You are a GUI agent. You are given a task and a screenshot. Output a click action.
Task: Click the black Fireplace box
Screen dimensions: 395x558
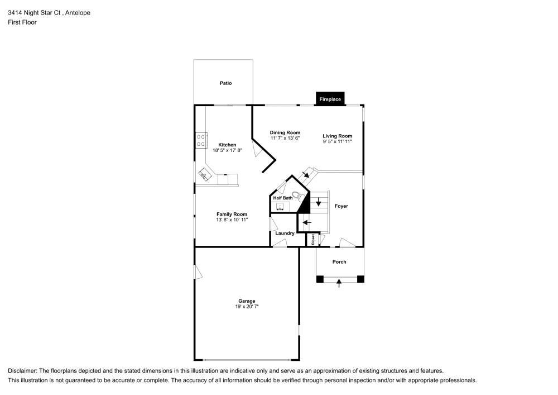coord(330,99)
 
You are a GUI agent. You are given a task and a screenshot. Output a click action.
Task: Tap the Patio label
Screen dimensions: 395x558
coord(225,83)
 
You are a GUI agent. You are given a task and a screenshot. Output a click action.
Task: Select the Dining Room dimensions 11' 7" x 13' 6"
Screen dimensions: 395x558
coord(285,138)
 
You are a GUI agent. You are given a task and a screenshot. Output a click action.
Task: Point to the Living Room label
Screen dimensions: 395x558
coord(337,136)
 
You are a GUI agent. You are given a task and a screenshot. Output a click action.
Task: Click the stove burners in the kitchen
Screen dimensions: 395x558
coord(201,140)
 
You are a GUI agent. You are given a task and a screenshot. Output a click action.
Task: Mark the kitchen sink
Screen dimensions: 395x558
coord(204,177)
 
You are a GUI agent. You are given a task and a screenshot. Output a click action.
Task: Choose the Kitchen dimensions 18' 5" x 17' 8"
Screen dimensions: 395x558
coord(227,150)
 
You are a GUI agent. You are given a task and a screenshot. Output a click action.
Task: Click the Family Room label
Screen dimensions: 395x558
coord(232,214)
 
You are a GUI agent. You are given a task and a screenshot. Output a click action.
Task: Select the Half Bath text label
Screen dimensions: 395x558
coord(282,198)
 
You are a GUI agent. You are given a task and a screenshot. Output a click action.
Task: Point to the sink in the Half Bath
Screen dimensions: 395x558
coord(280,207)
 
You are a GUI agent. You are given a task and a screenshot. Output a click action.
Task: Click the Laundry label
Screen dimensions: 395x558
coord(285,233)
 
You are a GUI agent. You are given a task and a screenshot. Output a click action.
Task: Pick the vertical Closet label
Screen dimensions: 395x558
coord(313,239)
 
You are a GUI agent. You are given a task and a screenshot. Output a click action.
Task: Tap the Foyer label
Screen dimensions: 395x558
coord(341,206)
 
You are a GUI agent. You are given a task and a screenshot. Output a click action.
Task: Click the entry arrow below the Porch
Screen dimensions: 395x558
coord(339,284)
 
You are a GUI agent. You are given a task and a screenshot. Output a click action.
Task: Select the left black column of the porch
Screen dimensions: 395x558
coord(320,279)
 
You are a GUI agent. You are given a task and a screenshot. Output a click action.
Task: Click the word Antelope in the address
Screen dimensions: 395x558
coord(76,12)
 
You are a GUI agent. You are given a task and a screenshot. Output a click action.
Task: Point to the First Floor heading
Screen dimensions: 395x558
coord(22,22)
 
